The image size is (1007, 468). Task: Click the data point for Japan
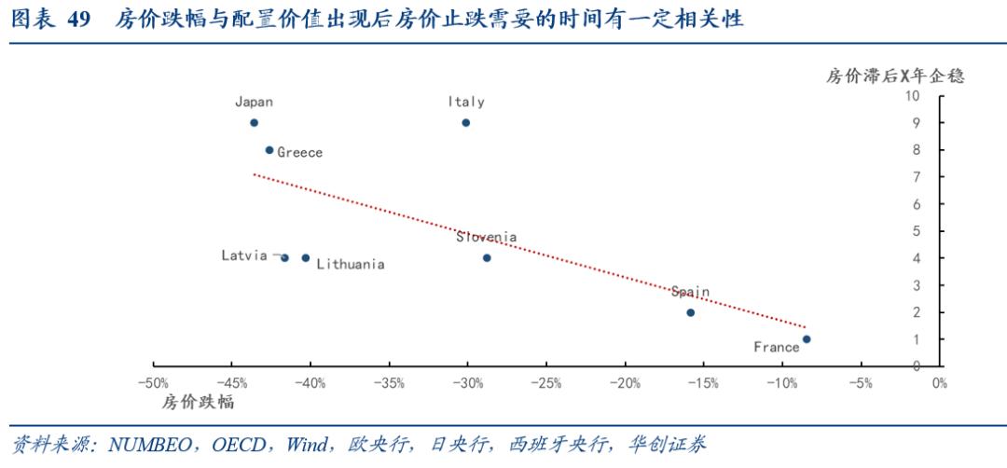tap(254, 123)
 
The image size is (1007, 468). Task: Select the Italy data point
tap(466, 123)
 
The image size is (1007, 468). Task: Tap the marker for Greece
tap(269, 150)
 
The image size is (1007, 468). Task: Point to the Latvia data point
tap(284, 258)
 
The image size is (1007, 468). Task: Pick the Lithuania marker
tap(305, 258)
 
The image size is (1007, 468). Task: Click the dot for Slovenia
tap(487, 258)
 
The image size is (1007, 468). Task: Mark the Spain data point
tap(690, 312)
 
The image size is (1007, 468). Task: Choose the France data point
tap(807, 339)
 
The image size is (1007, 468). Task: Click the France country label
tap(777, 348)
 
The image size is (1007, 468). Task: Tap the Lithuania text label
tap(351, 265)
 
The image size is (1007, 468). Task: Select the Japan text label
tap(254, 103)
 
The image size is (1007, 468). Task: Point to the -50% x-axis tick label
tap(152, 383)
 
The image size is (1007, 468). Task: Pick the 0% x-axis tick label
tap(938, 383)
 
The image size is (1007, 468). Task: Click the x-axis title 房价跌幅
tap(198, 404)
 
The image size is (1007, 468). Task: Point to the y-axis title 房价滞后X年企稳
tap(894, 76)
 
